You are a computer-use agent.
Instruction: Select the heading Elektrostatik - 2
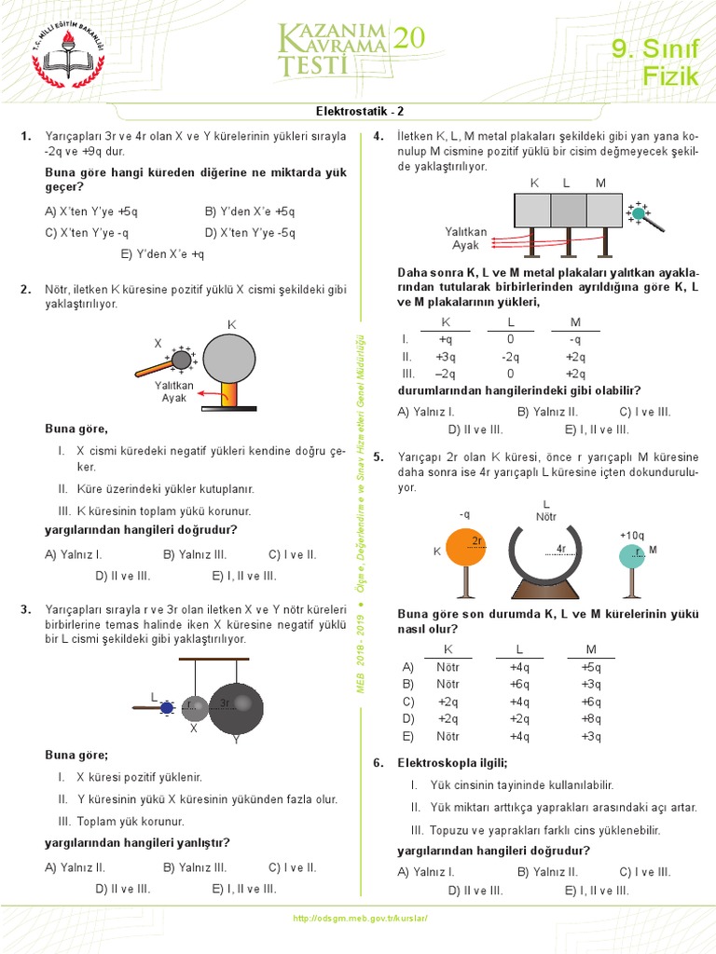coord(358,110)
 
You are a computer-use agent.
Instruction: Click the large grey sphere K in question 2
coord(229,359)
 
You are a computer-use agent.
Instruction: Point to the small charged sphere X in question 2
coord(180,360)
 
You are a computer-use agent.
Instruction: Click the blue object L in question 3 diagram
coord(167,708)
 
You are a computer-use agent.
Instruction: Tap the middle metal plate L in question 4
coord(568,210)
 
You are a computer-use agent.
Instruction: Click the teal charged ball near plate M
coord(638,213)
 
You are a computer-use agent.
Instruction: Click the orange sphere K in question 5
coord(466,547)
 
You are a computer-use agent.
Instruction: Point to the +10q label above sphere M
coord(631,535)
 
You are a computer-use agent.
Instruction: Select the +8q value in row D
coord(591,718)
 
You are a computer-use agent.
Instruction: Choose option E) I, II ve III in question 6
coord(597,890)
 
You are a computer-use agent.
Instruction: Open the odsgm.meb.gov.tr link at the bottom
coord(359,918)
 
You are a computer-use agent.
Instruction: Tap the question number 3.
coord(26,609)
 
